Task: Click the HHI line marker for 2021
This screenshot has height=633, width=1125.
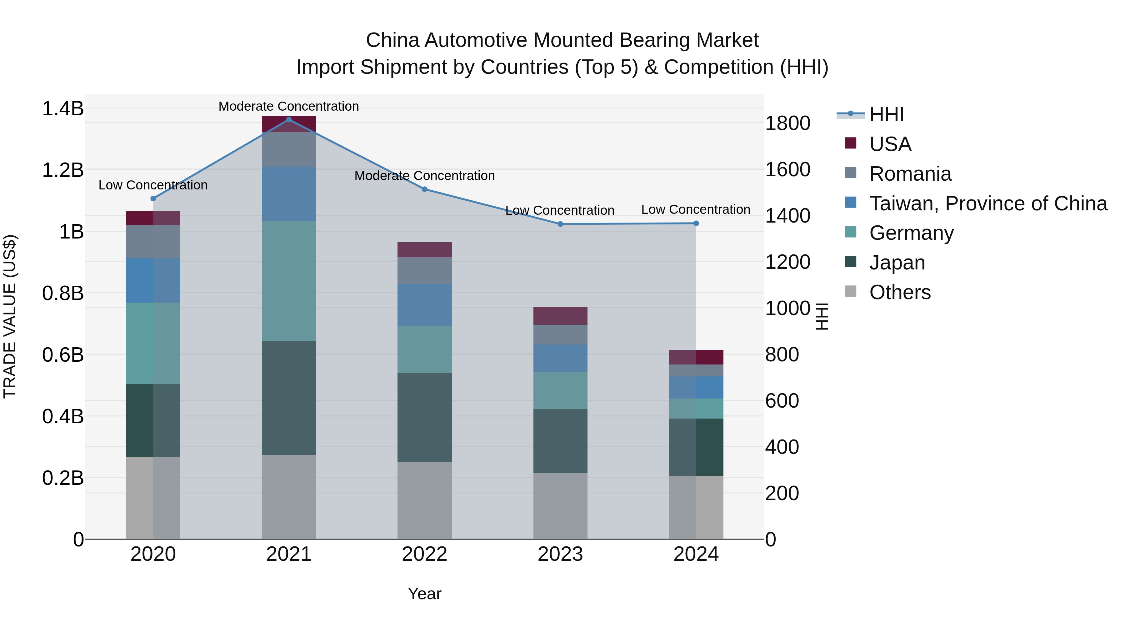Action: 289,120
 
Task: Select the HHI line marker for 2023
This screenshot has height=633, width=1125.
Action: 560,224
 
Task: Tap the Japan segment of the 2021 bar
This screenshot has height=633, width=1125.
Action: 289,398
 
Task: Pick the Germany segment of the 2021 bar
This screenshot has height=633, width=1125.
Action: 289,281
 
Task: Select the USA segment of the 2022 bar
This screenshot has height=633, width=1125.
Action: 424,249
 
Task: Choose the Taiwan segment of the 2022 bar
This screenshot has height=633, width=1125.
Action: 424,305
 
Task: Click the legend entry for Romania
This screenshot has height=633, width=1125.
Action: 910,174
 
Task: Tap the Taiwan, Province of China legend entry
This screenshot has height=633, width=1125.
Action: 988,203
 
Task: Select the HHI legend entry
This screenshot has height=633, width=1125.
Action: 886,114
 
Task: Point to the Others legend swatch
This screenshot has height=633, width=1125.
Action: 850,291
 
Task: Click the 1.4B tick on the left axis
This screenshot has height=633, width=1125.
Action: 63,108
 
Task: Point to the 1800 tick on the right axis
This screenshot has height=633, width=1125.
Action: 787,123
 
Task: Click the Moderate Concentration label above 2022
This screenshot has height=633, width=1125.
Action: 424,176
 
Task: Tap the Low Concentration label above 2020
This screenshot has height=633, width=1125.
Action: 153,185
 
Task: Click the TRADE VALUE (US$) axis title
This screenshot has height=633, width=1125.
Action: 10,316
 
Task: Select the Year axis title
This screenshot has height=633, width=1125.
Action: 424,594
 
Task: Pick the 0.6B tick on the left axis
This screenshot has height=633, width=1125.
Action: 63,355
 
